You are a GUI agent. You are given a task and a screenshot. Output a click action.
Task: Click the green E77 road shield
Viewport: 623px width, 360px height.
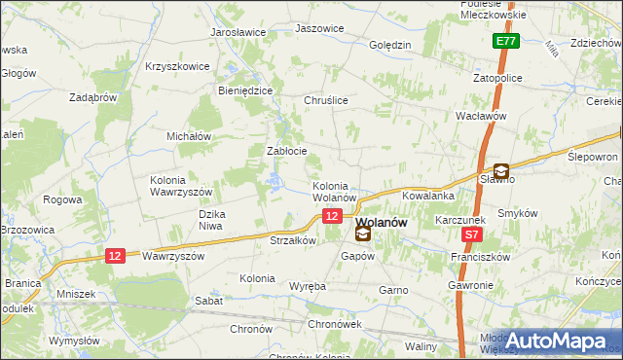click(x=504, y=42)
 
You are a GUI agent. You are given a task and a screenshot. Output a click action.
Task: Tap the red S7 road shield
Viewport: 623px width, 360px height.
click(x=472, y=234)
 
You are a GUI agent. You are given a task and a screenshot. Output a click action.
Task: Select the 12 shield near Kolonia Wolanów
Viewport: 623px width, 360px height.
click(x=333, y=216)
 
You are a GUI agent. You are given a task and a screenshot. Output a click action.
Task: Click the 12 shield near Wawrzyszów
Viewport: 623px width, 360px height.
click(x=115, y=255)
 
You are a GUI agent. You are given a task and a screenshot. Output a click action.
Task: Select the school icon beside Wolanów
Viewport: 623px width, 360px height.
click(x=363, y=233)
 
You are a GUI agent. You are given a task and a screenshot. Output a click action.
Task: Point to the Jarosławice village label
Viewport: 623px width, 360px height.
click(x=238, y=32)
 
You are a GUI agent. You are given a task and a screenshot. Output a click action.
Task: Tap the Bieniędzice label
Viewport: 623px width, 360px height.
click(x=245, y=90)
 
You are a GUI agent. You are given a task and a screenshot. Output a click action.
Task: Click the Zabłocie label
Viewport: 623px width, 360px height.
click(x=287, y=151)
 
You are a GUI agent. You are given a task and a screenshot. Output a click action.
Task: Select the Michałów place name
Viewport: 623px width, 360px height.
click(x=189, y=137)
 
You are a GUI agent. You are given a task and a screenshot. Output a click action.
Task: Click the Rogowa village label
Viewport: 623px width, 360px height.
click(x=62, y=199)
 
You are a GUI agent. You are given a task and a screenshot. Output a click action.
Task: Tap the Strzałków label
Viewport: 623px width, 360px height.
click(x=293, y=239)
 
